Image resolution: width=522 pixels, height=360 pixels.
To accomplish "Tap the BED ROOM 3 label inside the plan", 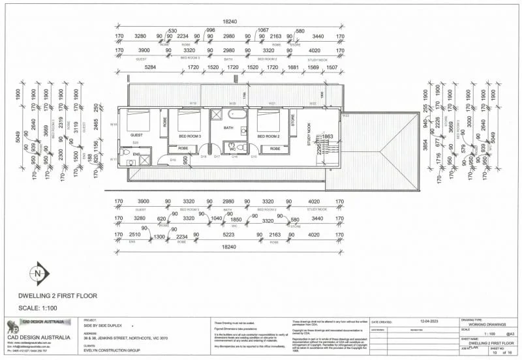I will (x=190, y=136).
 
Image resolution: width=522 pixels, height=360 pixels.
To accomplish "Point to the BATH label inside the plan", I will (x=228, y=128).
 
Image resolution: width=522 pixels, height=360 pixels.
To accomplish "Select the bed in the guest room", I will (x=139, y=120).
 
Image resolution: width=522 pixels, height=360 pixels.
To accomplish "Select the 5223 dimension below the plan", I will (x=229, y=235).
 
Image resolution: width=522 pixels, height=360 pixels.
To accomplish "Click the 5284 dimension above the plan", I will (x=151, y=67).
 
